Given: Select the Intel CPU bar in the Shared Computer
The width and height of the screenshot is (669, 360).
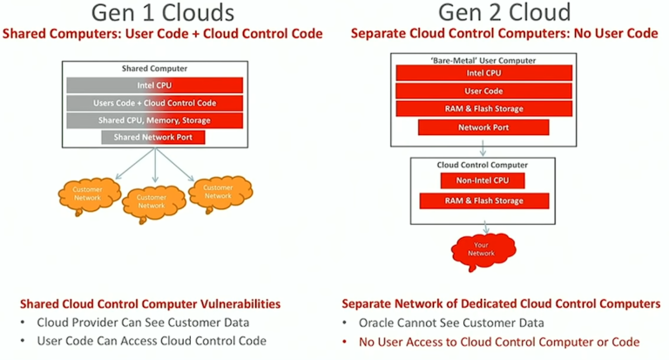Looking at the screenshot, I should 153,86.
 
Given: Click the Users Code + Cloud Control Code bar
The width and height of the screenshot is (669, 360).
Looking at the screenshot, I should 153,103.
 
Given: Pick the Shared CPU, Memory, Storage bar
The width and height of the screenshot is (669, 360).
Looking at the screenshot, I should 153,120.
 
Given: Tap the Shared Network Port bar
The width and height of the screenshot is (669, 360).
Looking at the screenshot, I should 153,137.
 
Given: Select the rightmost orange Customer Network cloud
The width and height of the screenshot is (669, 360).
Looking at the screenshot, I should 218,190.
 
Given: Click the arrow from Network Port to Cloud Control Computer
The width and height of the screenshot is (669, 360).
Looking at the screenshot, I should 482,146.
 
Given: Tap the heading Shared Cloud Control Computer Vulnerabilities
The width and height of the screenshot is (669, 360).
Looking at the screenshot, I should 150,304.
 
